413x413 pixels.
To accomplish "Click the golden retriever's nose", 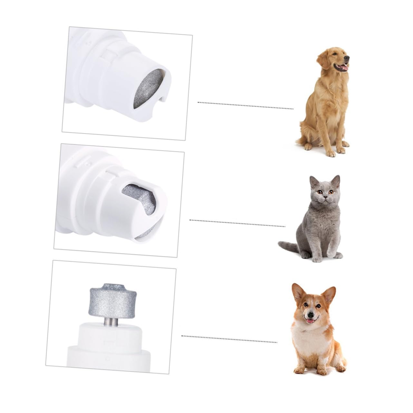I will [347, 58].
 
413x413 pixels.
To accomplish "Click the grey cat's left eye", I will [320, 192].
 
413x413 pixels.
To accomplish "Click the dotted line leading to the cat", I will [237, 223].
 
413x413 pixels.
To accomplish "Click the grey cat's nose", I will [326, 197].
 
